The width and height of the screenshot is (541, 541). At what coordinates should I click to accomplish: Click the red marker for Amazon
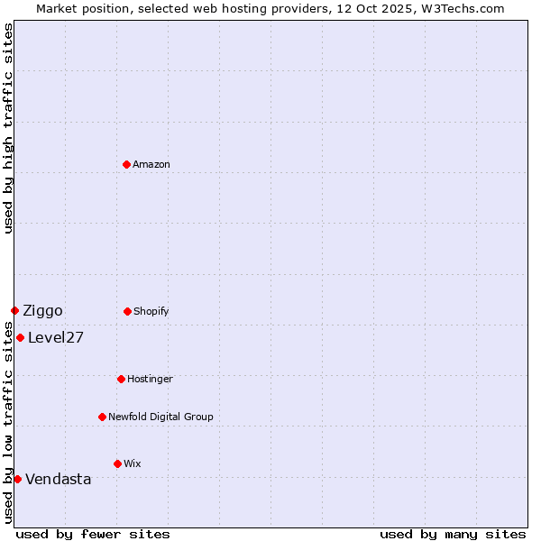126,164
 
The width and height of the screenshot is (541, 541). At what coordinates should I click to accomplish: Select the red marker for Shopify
127,311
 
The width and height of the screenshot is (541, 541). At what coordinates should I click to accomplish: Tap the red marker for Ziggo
14,310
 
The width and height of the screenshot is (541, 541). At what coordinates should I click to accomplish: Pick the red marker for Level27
20,337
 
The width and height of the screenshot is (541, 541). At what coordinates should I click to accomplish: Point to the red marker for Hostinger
121,379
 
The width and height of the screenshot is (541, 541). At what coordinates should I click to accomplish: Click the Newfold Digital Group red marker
102,417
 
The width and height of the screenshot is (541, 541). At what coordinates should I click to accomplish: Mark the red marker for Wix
117,463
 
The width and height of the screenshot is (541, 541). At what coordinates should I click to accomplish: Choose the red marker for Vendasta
17,479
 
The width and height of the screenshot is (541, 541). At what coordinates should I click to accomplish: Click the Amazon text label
151,164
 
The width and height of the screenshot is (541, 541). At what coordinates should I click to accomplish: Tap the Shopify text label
151,311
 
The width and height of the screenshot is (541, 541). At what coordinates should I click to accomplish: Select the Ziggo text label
42,311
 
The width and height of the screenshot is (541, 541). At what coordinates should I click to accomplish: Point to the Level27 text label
56,338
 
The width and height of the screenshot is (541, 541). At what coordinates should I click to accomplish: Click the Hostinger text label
150,379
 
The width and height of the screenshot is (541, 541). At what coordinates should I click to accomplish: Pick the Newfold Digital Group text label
160,417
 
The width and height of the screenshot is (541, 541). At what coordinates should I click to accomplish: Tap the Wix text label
133,463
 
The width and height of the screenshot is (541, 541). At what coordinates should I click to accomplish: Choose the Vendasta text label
59,480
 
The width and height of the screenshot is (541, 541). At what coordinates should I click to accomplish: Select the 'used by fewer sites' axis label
93,534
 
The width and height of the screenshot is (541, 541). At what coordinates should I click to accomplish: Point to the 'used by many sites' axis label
453,534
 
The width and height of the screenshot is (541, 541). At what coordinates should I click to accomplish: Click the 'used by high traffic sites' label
8,128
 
